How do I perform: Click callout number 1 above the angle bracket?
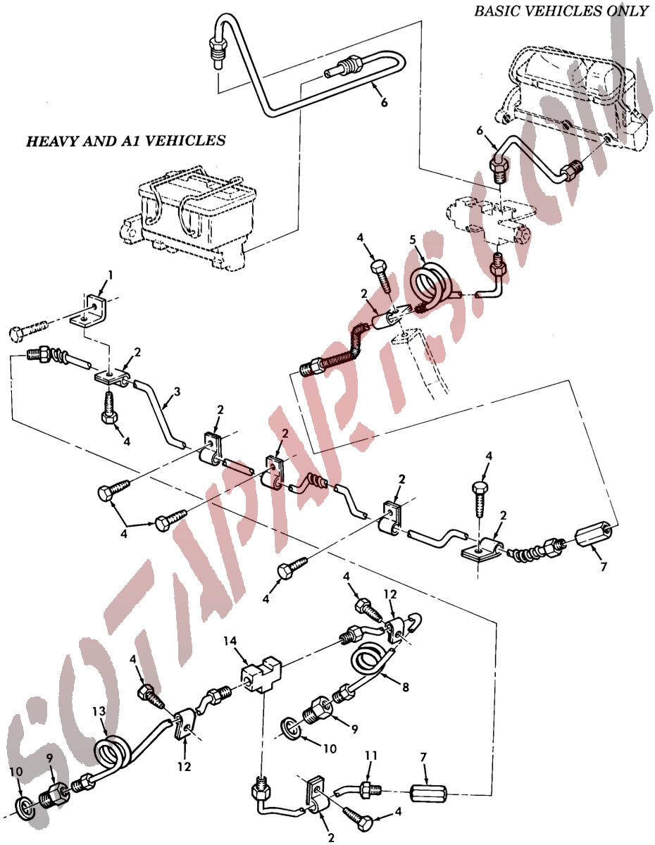point(111,276)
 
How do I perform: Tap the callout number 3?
point(177,392)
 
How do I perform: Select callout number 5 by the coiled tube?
point(412,240)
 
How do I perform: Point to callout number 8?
point(405,687)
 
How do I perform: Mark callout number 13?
point(99,711)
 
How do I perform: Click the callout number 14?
point(230,641)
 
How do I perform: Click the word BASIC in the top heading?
point(499,11)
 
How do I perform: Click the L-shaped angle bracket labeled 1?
point(88,311)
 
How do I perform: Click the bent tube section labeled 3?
point(158,415)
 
